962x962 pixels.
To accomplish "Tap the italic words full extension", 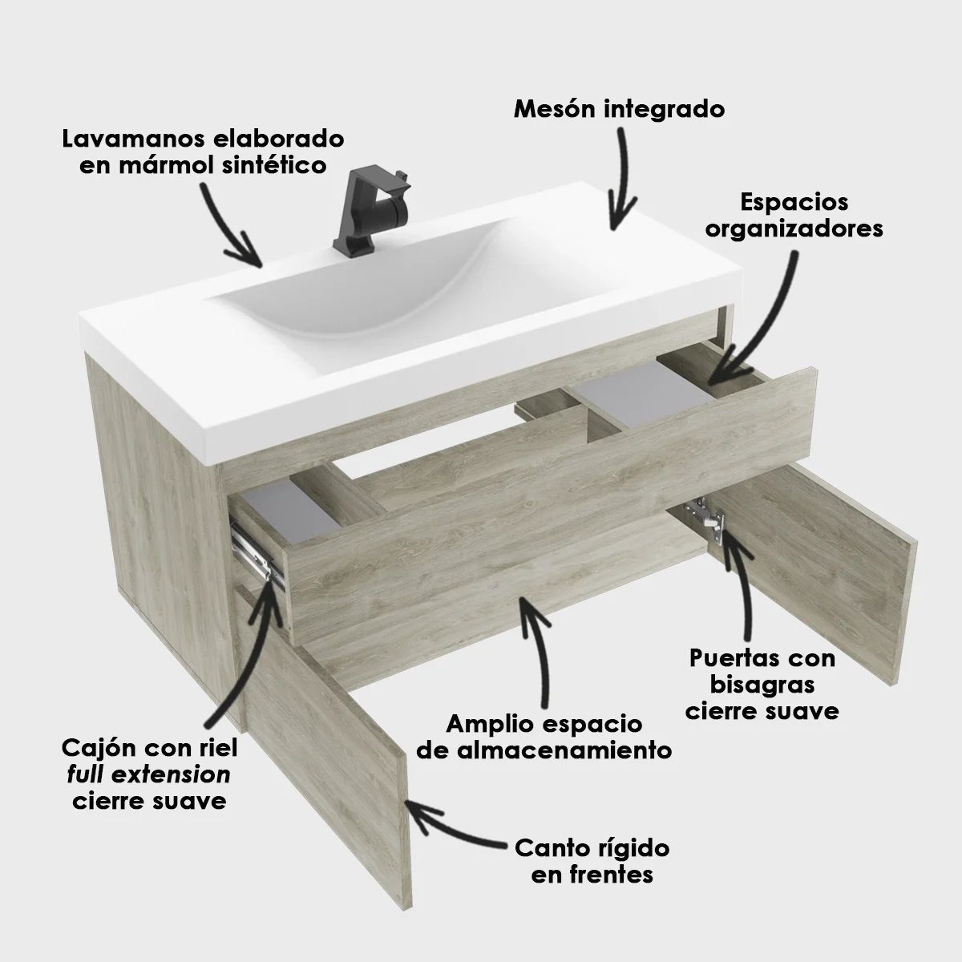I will [x=149, y=775].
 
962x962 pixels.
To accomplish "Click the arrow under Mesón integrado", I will [x=621, y=176].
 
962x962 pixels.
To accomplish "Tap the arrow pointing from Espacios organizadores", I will [x=758, y=321].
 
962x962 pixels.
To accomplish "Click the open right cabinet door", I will [x=818, y=577].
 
